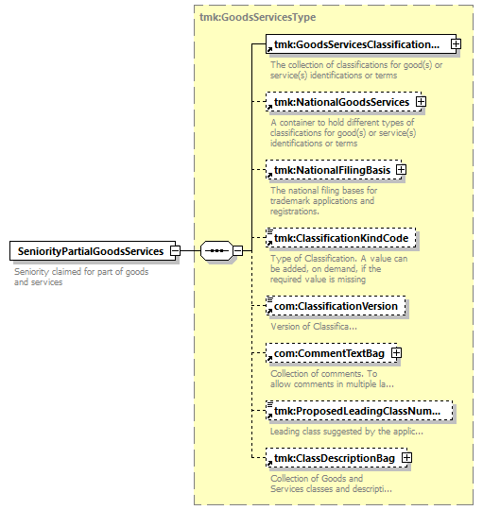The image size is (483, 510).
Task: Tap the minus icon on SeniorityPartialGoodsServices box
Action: [x=176, y=251]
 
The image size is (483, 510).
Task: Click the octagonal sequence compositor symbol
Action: [x=216, y=251]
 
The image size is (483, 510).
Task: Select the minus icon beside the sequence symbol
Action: [x=238, y=251]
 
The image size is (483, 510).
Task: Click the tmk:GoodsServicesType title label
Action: [x=257, y=17]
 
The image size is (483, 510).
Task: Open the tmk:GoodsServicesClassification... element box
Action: [x=361, y=43]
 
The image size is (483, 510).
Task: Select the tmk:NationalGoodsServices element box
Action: [x=343, y=102]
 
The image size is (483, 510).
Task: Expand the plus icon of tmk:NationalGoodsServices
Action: [x=421, y=102]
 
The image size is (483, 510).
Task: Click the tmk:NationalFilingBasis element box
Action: [x=334, y=170]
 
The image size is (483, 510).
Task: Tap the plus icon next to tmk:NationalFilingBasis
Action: [x=401, y=170]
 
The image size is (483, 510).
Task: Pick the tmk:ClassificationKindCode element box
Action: [x=341, y=238]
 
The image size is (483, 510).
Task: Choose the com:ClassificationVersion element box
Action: [x=336, y=306]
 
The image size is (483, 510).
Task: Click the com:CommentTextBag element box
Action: [x=332, y=353]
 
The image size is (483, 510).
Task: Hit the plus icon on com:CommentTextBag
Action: [x=396, y=353]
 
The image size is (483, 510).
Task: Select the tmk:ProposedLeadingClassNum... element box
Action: [x=359, y=411]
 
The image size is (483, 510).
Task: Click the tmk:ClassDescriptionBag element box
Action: [x=336, y=458]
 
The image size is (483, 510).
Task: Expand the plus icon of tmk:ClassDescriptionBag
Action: [x=406, y=458]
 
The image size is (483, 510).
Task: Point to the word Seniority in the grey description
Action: [x=31, y=272]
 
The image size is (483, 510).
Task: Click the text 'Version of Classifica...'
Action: [x=314, y=326]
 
